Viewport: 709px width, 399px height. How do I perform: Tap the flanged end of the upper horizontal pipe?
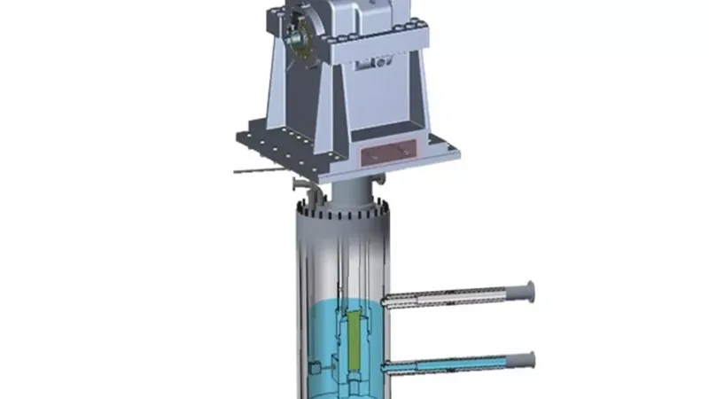531,291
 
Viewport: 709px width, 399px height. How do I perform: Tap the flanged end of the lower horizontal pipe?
531,360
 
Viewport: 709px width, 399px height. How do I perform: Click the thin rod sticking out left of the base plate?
252,169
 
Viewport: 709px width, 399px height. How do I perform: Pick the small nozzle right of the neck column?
380,184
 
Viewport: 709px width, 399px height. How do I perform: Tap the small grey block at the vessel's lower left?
315,367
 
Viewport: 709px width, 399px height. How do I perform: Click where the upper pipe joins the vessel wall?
386,302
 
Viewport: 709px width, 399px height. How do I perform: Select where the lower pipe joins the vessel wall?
386,365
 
